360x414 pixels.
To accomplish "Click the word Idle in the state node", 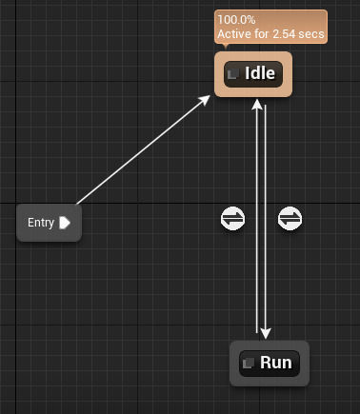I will point(260,74).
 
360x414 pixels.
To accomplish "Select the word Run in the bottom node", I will point(275,363).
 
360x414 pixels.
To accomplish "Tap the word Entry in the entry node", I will point(41,223).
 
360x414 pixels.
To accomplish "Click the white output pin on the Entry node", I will point(65,223).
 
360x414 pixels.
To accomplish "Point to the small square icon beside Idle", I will point(233,74).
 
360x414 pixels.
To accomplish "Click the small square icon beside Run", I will point(249,363).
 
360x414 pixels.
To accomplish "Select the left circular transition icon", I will point(232,219).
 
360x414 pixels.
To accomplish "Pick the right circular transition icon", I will point(290,219).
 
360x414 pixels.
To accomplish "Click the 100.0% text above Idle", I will point(235,20).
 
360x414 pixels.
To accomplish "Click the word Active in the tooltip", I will point(234,35).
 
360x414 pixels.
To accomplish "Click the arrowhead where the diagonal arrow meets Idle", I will point(205,100).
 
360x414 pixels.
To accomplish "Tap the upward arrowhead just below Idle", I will point(256,104).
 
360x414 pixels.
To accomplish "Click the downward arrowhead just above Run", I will point(266,330).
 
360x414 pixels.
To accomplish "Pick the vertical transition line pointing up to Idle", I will point(256,171).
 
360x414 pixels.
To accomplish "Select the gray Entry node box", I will point(49,223).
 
